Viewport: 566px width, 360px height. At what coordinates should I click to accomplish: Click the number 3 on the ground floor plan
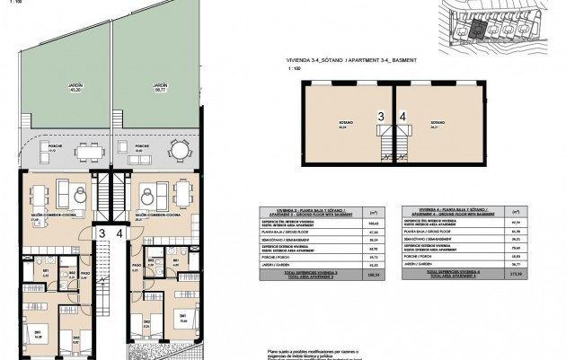click(102, 234)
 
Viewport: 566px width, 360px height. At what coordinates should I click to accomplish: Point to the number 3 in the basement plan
click(381, 117)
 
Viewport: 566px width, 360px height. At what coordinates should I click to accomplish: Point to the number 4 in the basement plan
click(402, 117)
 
